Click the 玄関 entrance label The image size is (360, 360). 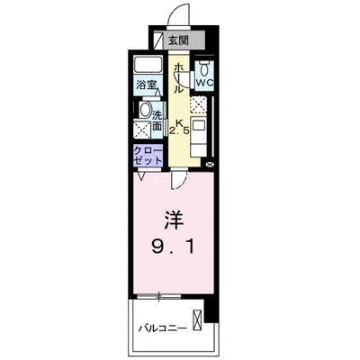click(178, 40)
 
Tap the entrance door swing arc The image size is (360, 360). click(178, 16)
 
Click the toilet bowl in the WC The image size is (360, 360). click(204, 69)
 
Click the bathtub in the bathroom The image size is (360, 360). click(147, 67)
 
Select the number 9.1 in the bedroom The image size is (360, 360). click(174, 244)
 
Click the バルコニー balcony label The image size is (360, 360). click(163, 329)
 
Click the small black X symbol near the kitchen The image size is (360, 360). click(211, 165)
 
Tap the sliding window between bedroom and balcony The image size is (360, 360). click(173, 296)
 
